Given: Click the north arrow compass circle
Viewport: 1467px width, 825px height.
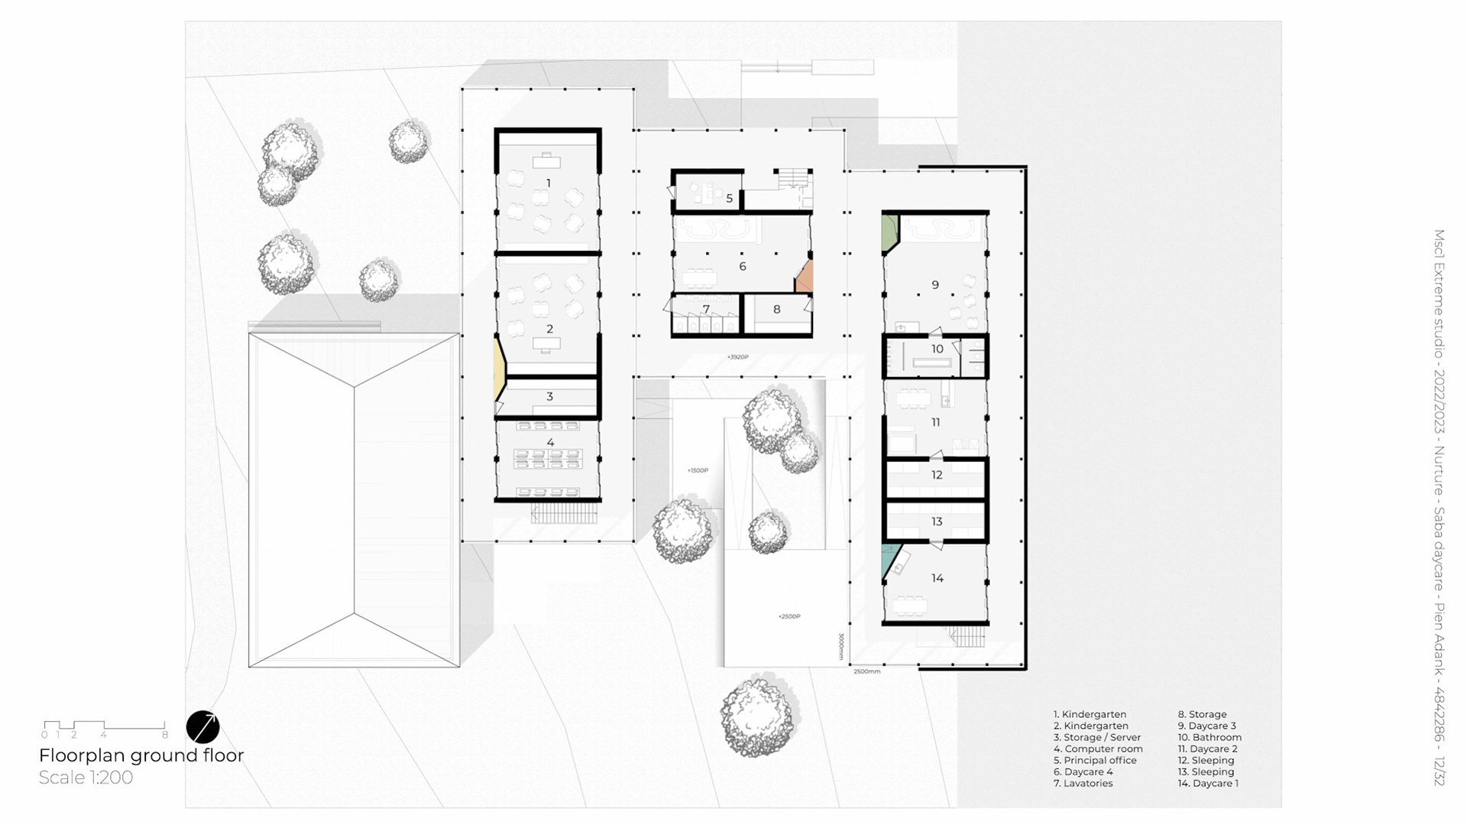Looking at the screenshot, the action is (x=202, y=727).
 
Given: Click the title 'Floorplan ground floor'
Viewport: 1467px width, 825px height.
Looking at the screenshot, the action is (x=141, y=755).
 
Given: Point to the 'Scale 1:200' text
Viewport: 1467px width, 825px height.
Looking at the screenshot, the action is (x=86, y=778).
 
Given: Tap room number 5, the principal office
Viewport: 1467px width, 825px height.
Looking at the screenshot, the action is (x=730, y=199).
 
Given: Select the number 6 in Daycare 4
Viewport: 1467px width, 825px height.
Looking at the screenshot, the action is (x=742, y=267).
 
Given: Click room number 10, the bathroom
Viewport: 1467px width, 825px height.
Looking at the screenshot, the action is (x=937, y=349).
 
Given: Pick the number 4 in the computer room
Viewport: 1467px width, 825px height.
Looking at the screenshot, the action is (x=550, y=443).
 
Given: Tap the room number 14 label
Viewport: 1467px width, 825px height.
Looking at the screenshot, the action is (x=937, y=579).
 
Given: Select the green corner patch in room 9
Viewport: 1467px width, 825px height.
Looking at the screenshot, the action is (x=889, y=232).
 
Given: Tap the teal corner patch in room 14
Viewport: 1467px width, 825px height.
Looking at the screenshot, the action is (x=889, y=560).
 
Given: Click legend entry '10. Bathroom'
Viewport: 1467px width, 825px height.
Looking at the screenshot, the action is (x=1210, y=738).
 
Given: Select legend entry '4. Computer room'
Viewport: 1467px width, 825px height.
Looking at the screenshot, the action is (x=1098, y=749).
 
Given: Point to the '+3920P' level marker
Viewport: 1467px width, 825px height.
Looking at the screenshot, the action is (x=737, y=357).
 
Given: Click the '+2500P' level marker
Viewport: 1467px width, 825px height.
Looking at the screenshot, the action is (x=789, y=616).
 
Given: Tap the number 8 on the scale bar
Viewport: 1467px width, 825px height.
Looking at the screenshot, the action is (x=165, y=735).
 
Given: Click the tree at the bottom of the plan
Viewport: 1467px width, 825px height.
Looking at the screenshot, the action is (x=759, y=717).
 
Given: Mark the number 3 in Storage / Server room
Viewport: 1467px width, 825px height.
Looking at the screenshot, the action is (x=549, y=397).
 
